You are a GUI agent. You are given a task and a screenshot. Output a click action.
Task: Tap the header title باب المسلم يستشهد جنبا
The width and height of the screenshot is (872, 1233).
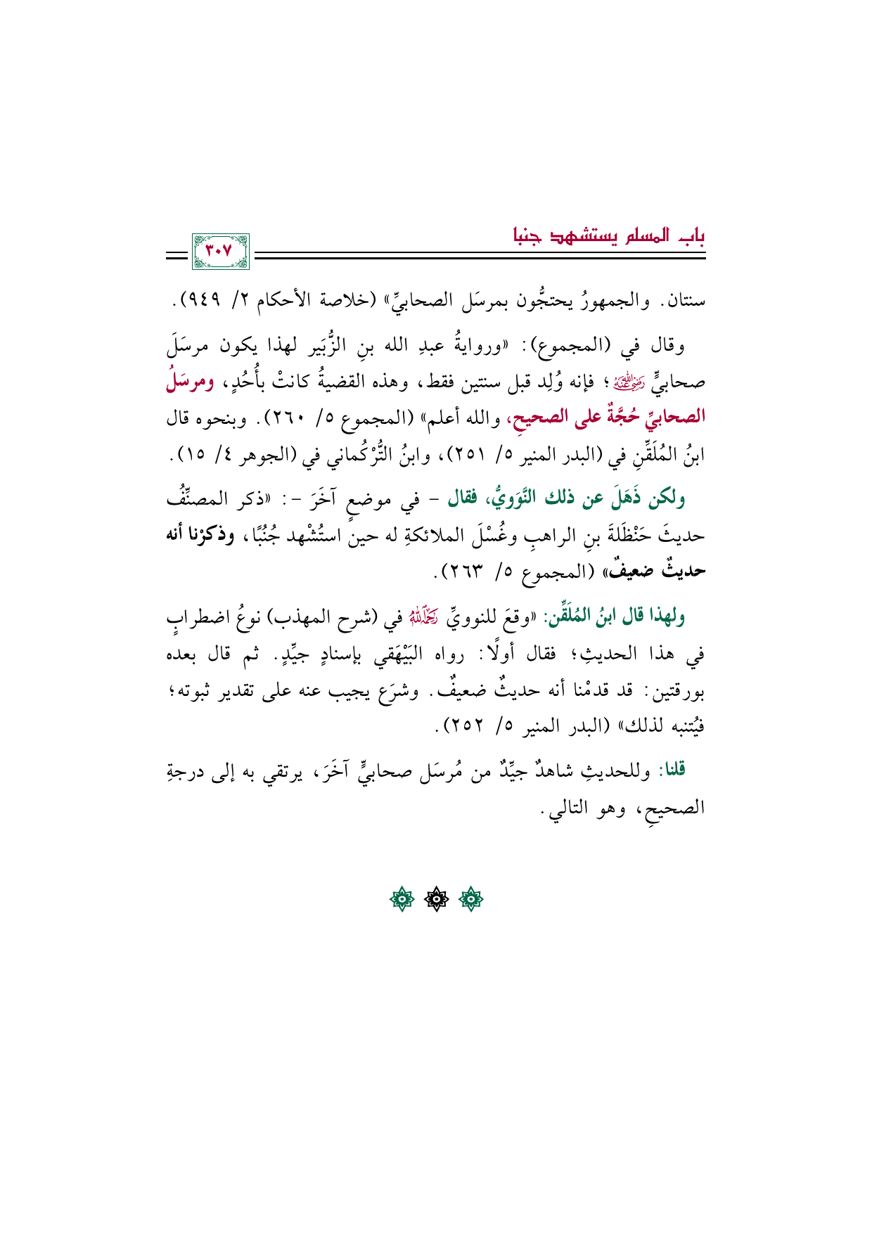(x=608, y=235)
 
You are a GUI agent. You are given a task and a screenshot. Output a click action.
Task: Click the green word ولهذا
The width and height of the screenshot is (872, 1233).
(x=667, y=617)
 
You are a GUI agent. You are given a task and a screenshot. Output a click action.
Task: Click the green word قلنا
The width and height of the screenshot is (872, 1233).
(x=672, y=770)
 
